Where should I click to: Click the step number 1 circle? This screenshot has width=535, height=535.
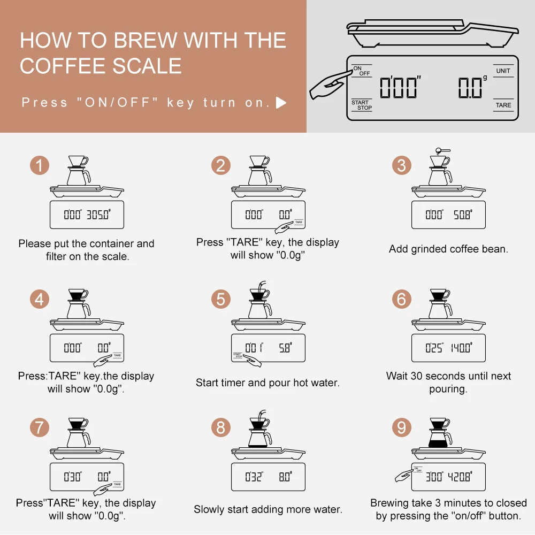40,165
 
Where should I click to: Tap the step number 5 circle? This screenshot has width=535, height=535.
221,299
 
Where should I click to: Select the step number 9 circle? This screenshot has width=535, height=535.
402,427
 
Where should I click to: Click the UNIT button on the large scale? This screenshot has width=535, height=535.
503,71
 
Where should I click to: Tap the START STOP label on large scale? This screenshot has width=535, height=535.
362,105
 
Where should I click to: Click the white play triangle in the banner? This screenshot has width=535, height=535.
280,103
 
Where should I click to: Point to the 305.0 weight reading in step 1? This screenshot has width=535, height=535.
98,215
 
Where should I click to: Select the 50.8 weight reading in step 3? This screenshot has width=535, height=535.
463,215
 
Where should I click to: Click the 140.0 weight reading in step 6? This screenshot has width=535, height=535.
461,348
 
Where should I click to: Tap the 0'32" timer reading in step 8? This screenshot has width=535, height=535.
254,477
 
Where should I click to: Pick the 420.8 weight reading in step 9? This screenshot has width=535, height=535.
460,477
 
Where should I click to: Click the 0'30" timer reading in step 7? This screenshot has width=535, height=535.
73,477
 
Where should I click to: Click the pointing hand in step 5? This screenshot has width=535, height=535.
253,360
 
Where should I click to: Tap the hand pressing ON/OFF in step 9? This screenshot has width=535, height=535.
403,475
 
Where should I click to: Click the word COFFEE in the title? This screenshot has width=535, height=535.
64,66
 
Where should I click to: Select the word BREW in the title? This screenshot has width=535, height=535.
144,40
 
